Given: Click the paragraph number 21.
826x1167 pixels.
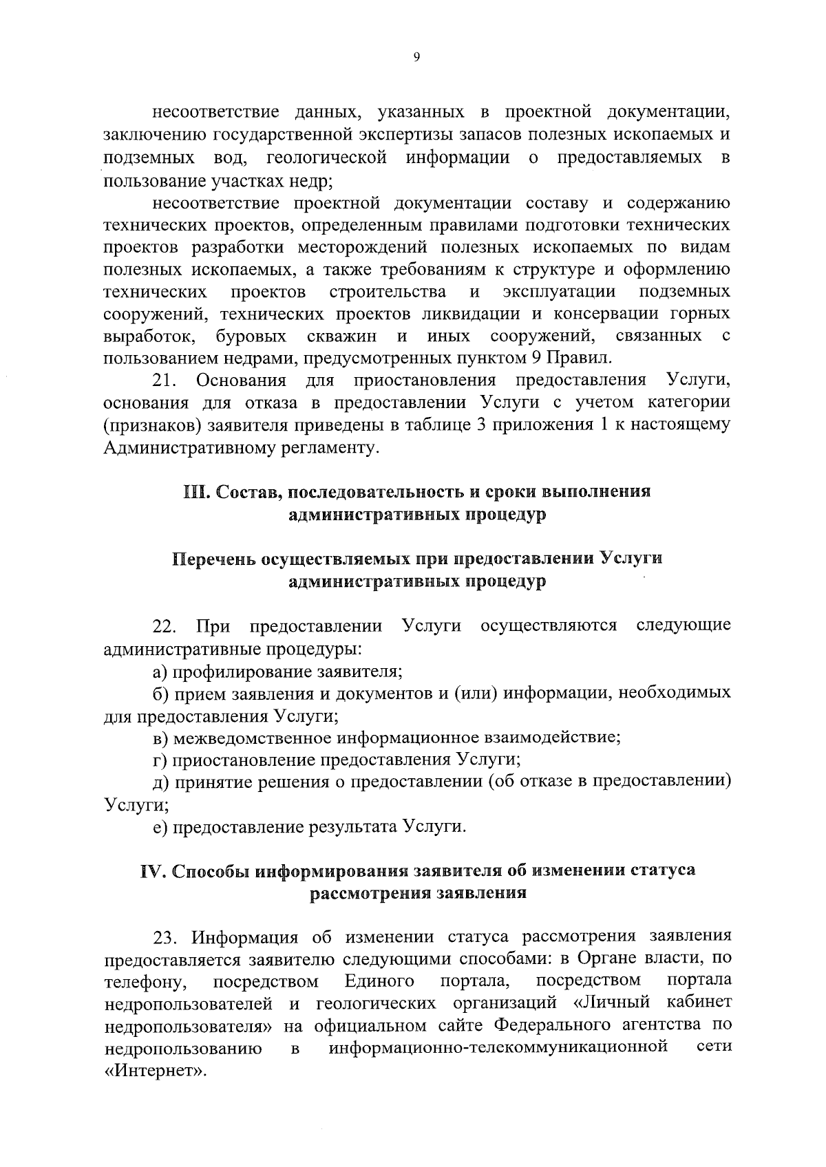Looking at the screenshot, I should point(165,381).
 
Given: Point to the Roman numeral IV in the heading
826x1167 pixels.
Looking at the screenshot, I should point(152,870).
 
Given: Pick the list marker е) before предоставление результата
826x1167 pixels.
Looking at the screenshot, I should point(160,826).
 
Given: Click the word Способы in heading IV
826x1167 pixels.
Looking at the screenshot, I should point(211,870).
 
